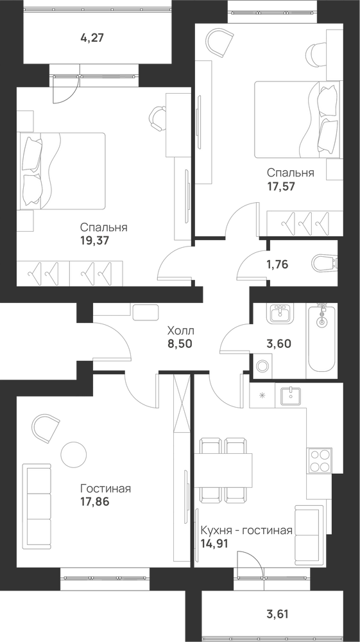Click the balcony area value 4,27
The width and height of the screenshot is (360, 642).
coord(93,39)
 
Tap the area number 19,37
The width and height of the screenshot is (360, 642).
coord(95,240)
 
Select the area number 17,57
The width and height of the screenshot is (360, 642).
coord(281,186)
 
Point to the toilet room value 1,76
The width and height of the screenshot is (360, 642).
coord(277,265)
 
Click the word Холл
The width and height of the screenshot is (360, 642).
coord(180,330)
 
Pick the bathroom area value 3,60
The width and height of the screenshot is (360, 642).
coord(279,343)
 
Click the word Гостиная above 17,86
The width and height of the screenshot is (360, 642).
coord(105,489)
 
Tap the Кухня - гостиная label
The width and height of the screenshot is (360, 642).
coord(246,531)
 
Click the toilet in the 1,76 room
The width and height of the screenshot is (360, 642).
coord(325,264)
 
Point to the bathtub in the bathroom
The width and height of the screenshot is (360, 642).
coord(322,338)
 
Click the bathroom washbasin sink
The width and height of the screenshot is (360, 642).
coord(280,313)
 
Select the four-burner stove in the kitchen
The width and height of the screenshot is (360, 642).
coord(320,460)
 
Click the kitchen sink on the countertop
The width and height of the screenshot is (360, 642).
coord(291,395)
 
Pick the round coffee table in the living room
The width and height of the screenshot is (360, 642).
coord(74,454)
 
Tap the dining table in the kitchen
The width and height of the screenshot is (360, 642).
coord(223,470)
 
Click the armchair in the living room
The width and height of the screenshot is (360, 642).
coord(46,428)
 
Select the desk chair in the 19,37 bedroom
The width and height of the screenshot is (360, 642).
coord(157,118)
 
